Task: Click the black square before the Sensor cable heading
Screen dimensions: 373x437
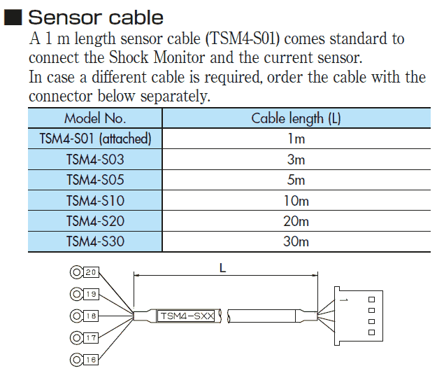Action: coord(13,17)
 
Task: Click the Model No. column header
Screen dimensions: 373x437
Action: coord(95,118)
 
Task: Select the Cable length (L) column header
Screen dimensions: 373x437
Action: coord(296,118)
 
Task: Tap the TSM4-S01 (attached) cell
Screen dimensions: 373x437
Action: coord(95,139)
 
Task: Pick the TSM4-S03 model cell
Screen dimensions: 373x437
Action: coord(95,160)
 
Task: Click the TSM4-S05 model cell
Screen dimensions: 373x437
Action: coord(95,180)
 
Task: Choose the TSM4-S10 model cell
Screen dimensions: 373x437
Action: coord(95,201)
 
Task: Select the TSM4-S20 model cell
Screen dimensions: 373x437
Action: coord(95,221)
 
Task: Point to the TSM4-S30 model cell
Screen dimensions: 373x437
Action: coord(95,242)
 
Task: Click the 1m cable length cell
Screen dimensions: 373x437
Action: coord(296,139)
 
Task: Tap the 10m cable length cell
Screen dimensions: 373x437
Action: coord(296,201)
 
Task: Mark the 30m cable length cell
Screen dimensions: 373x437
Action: coord(296,242)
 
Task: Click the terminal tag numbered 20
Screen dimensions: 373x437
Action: coord(91,272)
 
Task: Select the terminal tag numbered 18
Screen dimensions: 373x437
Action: coord(91,316)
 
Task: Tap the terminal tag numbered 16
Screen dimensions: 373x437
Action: coord(91,360)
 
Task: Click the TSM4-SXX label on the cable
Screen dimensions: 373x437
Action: coord(186,316)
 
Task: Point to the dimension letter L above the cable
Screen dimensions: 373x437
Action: coord(222,267)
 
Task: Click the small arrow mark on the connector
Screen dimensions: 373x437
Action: coord(343,300)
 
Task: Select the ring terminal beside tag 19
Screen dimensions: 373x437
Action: coord(76,294)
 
